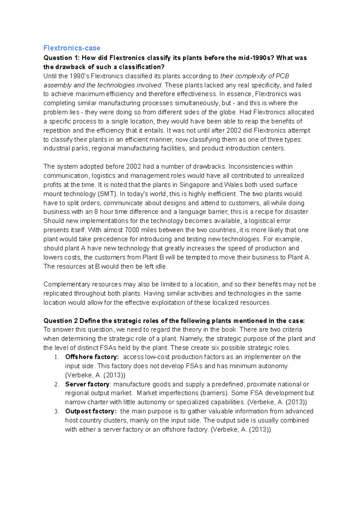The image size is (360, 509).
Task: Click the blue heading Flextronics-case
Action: (x=72, y=48)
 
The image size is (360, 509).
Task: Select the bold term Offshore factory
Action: (x=91, y=357)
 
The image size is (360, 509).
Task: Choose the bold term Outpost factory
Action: (x=90, y=411)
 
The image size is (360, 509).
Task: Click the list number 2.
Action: (x=57, y=385)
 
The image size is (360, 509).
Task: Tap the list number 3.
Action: (x=57, y=412)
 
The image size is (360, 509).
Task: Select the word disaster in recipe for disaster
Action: (x=297, y=212)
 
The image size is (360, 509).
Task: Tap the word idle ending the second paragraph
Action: (x=161, y=266)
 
